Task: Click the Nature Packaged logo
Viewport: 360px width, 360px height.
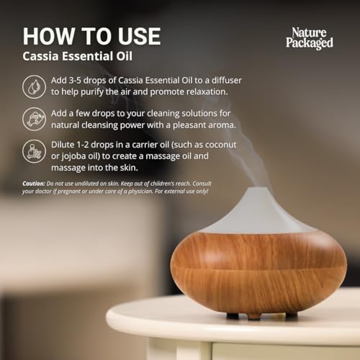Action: (310, 38)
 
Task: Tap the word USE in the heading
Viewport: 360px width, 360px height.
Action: (139, 36)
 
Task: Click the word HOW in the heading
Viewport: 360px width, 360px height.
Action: (50, 36)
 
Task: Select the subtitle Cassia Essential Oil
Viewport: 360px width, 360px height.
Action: (77, 56)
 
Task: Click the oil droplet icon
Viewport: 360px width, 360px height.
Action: (34, 87)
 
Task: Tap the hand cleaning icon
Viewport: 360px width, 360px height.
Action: (34, 120)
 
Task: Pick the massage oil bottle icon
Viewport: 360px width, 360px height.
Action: (34, 151)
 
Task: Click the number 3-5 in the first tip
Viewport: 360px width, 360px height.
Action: (75, 81)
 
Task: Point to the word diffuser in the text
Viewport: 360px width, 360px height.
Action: (227, 80)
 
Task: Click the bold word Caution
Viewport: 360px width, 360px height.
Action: (34, 184)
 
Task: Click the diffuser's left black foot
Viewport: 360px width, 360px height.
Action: (233, 315)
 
